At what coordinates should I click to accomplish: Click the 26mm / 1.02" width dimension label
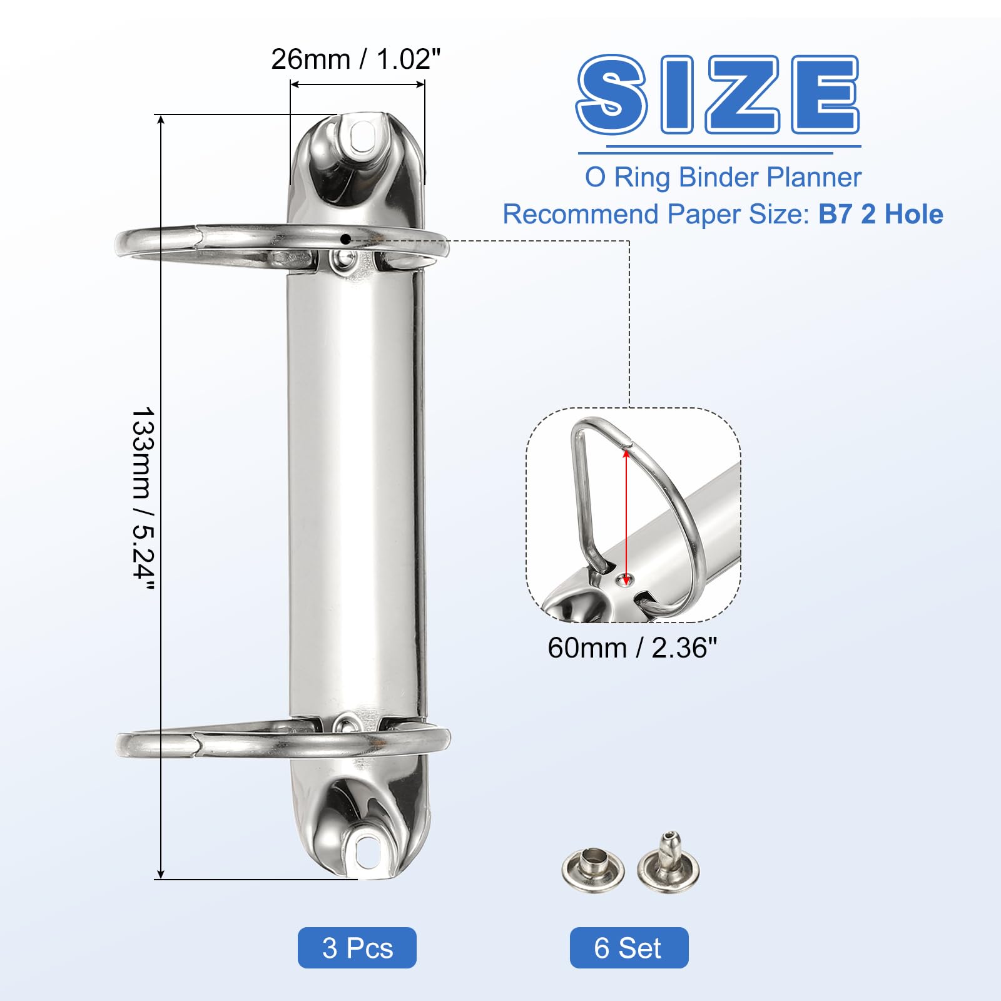(x=355, y=59)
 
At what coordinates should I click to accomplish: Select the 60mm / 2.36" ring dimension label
(x=632, y=648)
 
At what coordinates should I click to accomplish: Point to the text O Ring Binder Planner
(x=723, y=177)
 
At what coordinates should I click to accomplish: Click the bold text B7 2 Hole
(x=880, y=214)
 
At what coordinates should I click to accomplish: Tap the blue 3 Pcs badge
(x=357, y=948)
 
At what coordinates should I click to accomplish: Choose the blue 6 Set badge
(x=629, y=948)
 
